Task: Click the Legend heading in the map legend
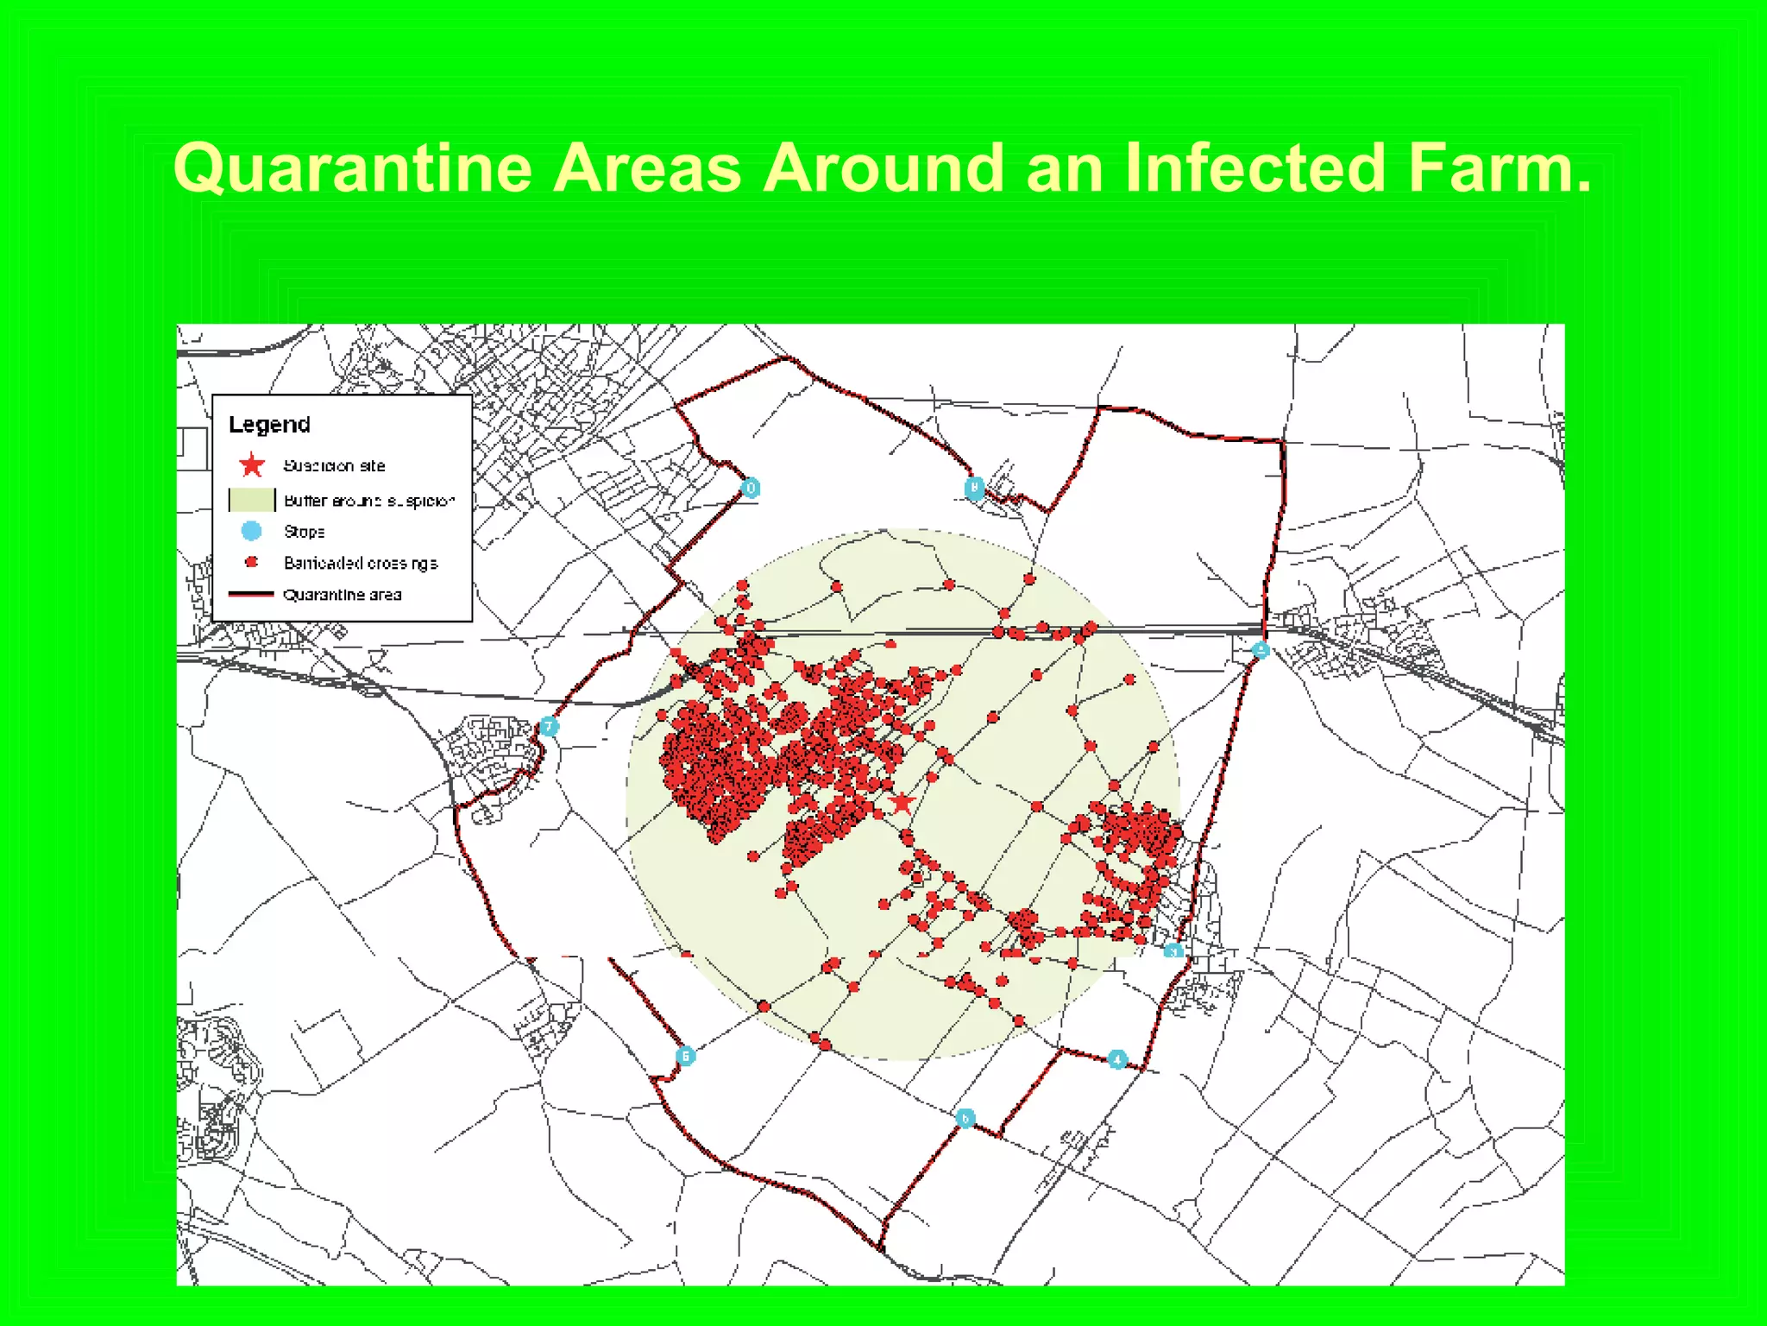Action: (x=269, y=425)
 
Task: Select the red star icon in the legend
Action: (x=252, y=465)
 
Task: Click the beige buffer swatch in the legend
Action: (x=251, y=500)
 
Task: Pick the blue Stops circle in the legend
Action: (x=252, y=531)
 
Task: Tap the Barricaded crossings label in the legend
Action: (x=361, y=563)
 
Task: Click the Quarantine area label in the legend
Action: (x=342, y=595)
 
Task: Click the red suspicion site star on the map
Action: (x=902, y=803)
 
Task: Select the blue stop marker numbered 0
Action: (x=751, y=489)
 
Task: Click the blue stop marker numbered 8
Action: (x=974, y=489)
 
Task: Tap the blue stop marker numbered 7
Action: (x=549, y=727)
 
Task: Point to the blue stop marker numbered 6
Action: (x=685, y=1055)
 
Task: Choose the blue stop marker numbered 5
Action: (x=965, y=1118)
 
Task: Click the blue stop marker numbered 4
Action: (x=1117, y=1059)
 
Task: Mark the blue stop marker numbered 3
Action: (x=1173, y=951)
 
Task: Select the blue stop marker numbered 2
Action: (x=1261, y=650)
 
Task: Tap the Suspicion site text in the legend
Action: (x=334, y=466)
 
